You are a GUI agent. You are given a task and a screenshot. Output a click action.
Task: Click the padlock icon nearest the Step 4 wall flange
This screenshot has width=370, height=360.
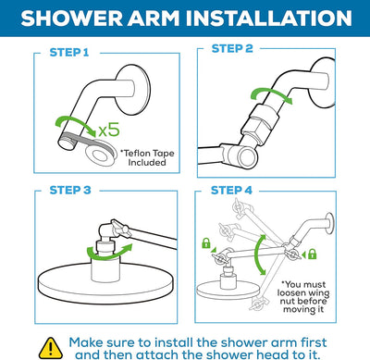(311, 254)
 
